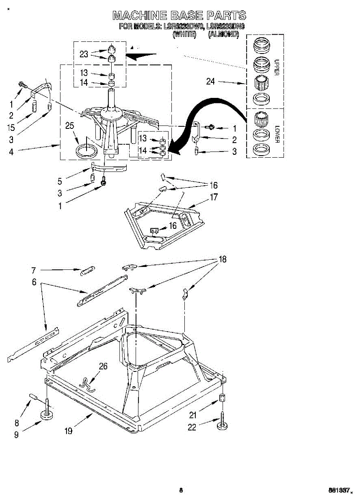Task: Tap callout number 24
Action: click(210, 82)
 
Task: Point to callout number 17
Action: click(214, 197)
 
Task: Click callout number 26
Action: click(103, 366)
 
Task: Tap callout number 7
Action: click(33, 270)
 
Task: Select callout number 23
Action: click(84, 54)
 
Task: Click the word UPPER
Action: click(276, 67)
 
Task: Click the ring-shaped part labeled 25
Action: click(86, 150)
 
